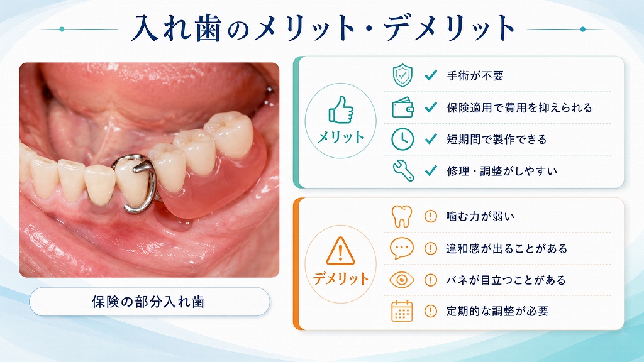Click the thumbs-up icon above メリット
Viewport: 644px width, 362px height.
coord(340,109)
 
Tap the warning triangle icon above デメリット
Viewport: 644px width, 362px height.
coord(340,251)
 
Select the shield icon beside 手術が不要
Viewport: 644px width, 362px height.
coord(402,75)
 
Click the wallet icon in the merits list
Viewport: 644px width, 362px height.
coord(402,107)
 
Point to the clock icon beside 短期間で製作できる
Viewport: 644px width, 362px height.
coord(402,139)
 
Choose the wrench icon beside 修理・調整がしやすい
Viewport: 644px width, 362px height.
coord(403,171)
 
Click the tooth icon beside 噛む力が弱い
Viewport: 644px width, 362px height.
coord(402,216)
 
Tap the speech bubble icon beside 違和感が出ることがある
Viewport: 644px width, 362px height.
coord(402,248)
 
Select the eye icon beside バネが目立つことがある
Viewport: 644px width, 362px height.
coord(402,280)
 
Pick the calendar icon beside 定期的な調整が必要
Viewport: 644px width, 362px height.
coord(402,311)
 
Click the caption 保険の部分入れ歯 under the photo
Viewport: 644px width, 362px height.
coord(148,302)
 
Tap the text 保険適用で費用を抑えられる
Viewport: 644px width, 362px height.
coord(519,107)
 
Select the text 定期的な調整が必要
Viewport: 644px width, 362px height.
coord(497,311)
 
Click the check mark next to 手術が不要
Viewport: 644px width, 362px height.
coord(431,75)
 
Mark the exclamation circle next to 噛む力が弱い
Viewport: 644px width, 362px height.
coord(430,216)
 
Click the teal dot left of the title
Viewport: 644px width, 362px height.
coord(62,29)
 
